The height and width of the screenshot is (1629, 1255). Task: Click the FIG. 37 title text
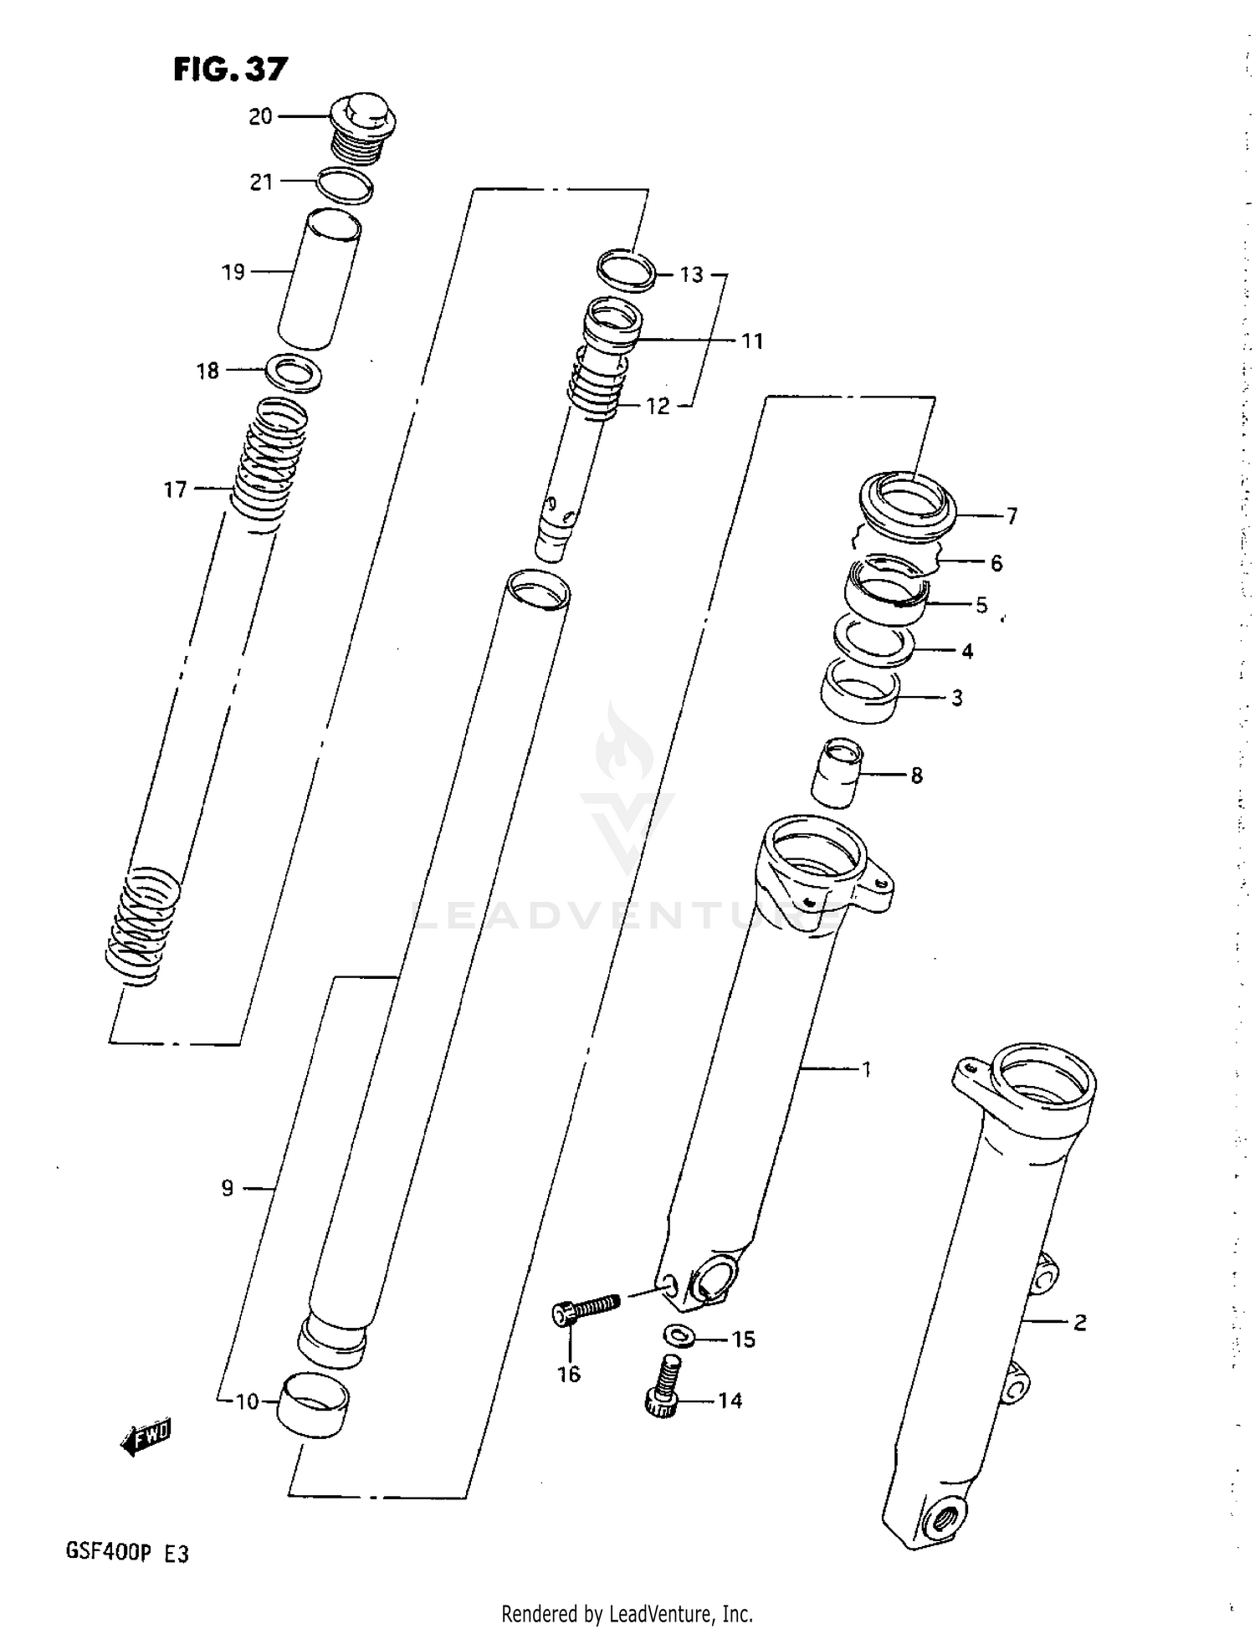click(x=230, y=69)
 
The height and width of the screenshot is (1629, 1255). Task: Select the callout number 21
click(x=262, y=182)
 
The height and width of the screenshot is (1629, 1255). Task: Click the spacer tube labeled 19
click(x=320, y=279)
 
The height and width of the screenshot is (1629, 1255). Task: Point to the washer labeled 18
click(x=293, y=372)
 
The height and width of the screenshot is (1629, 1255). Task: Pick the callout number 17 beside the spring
click(x=175, y=489)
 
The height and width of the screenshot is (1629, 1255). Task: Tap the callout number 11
click(x=752, y=341)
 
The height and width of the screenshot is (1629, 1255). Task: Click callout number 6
click(x=996, y=563)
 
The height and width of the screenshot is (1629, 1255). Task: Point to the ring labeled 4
click(x=873, y=640)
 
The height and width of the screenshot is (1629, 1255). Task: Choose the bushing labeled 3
click(x=860, y=690)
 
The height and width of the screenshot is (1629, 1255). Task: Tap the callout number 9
click(x=228, y=1188)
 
